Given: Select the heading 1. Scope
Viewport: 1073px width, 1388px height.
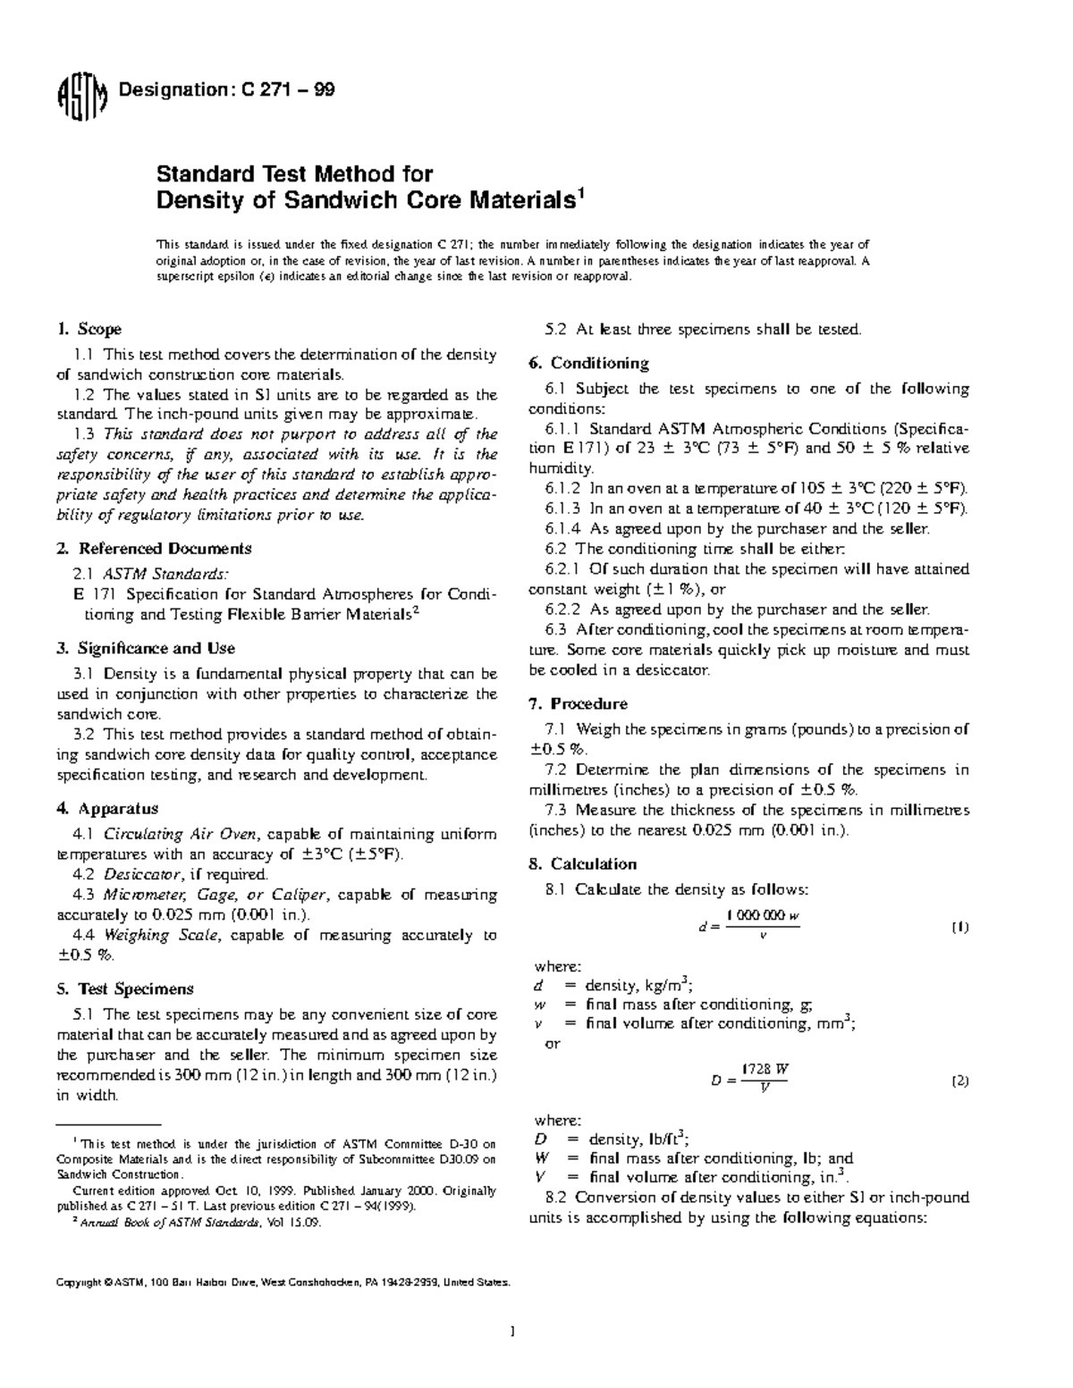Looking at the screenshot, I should pyautogui.click(x=89, y=329).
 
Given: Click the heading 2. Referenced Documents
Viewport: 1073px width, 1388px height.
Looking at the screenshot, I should pyautogui.click(x=154, y=548).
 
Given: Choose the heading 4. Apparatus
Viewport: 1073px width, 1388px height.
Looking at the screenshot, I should pyautogui.click(x=107, y=808).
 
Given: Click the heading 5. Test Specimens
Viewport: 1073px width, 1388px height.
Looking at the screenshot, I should pyautogui.click(x=124, y=988).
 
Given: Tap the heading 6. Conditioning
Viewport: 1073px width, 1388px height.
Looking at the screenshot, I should pyautogui.click(x=588, y=363).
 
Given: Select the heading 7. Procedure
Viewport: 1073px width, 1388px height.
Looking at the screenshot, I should pyautogui.click(x=579, y=703).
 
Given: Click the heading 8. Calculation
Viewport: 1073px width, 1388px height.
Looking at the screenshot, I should pyautogui.click(x=582, y=863).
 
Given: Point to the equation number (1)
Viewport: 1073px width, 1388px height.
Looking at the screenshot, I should pyautogui.click(x=959, y=927).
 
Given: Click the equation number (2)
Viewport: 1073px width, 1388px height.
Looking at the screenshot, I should pyautogui.click(x=959, y=1081).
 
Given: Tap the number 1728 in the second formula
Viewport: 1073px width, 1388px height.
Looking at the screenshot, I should pyautogui.click(x=755, y=1070).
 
